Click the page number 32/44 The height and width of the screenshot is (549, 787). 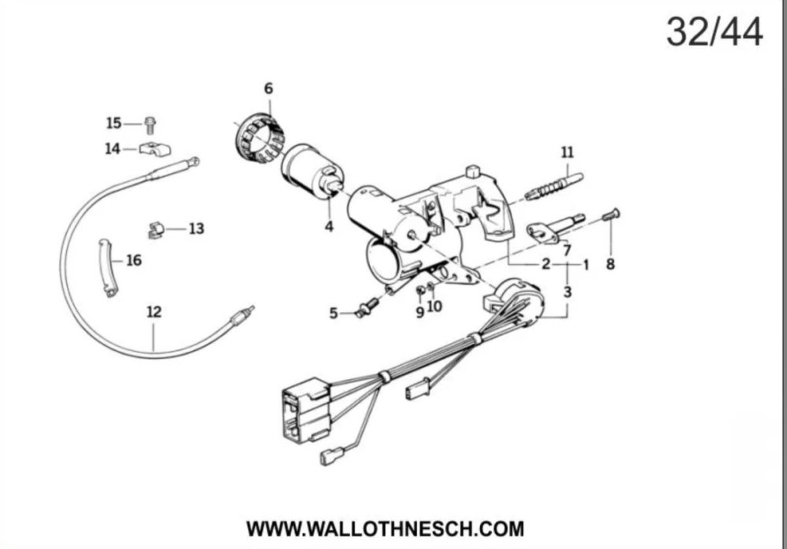pyautogui.click(x=714, y=31)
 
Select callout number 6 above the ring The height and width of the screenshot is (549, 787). pyautogui.click(x=268, y=88)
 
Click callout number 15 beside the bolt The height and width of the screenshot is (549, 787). pyautogui.click(x=114, y=123)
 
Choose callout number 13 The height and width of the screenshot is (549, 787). pyautogui.click(x=196, y=229)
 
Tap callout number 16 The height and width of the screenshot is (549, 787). pyautogui.click(x=134, y=260)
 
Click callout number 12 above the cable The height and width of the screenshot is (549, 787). pyautogui.click(x=153, y=312)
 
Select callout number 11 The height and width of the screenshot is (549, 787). pyautogui.click(x=567, y=152)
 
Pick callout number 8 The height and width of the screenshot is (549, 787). pyautogui.click(x=610, y=265)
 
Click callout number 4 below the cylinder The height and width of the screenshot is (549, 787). pyautogui.click(x=329, y=227)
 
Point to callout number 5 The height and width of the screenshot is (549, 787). pyautogui.click(x=334, y=314)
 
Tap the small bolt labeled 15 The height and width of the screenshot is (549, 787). pyautogui.click(x=150, y=123)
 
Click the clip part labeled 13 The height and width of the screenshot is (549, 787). pyautogui.click(x=155, y=230)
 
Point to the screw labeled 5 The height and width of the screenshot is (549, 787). pyautogui.click(x=364, y=311)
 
